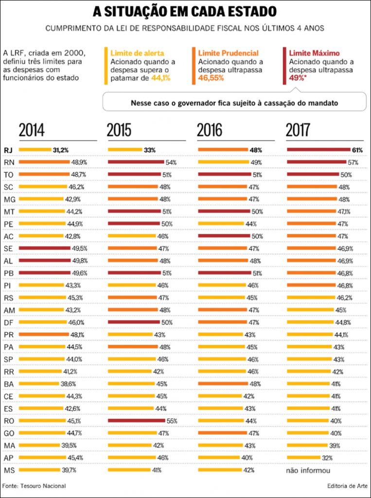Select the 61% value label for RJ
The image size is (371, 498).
click(x=357, y=150)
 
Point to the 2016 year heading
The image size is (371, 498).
click(x=210, y=130)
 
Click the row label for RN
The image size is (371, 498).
click(x=8, y=162)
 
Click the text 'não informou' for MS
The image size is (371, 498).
click(x=308, y=471)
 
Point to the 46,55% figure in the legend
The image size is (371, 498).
click(x=211, y=78)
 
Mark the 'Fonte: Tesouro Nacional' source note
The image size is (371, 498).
click(x=34, y=486)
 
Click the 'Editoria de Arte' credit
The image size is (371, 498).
click(x=348, y=486)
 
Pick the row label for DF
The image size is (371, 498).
click(x=8, y=322)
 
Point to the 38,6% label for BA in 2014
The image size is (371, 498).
click(x=73, y=383)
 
